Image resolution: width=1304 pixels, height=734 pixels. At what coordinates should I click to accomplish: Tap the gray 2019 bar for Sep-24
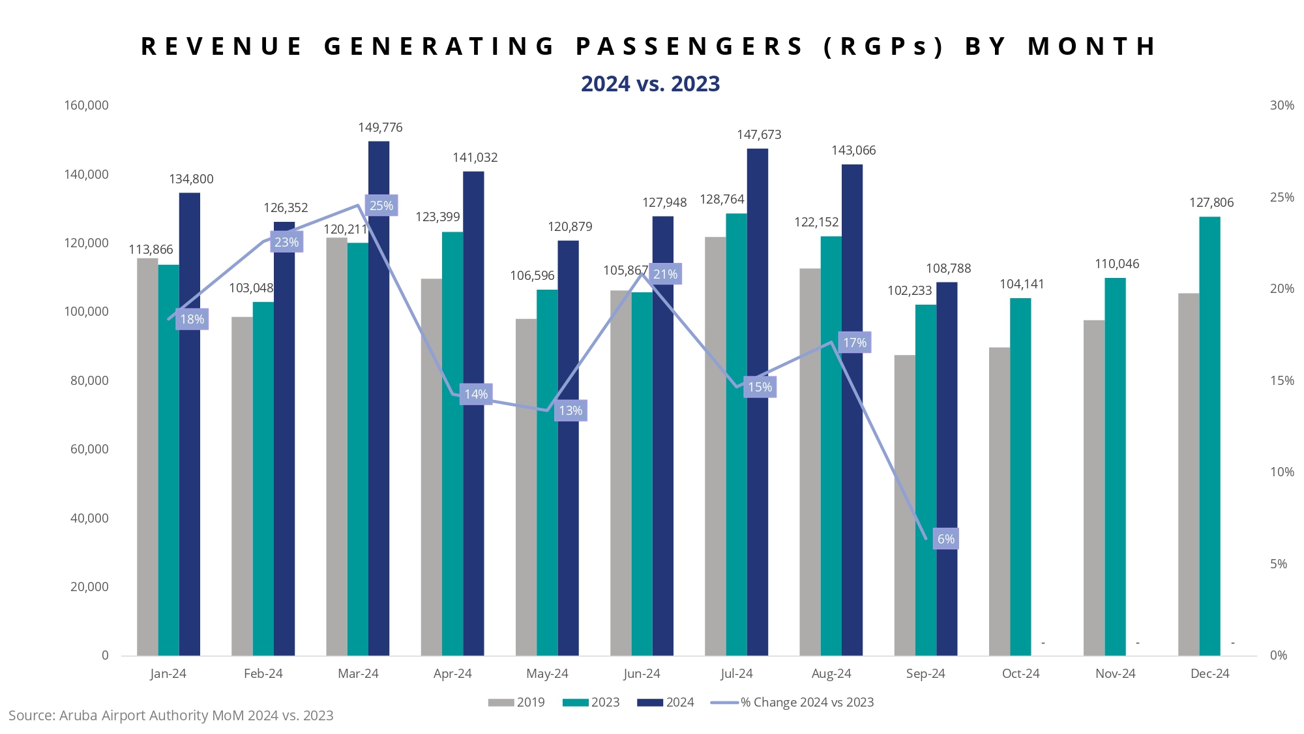(904, 505)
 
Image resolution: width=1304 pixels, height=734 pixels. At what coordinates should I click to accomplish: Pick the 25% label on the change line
(381, 206)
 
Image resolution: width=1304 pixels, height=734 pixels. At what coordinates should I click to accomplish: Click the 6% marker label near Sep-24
(945, 539)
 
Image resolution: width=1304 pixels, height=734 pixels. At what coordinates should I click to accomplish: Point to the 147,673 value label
(759, 135)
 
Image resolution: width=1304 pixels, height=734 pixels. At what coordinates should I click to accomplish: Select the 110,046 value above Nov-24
(1116, 264)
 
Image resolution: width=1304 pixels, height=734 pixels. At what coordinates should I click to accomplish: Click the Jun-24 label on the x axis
(642, 673)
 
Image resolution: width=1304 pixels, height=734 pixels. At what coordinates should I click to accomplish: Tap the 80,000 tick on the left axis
(89, 380)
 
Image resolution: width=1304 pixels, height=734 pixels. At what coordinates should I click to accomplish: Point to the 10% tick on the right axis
(1282, 472)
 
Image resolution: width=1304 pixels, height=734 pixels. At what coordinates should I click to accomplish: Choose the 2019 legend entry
(516, 702)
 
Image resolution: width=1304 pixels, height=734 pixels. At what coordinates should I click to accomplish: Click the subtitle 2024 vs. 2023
(650, 84)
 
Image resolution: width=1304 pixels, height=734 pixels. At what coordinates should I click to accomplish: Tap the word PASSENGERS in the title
(689, 47)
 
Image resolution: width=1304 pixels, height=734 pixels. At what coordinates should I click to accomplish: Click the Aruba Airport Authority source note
(171, 716)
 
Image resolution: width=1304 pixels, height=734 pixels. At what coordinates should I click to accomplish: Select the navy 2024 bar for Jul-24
(758, 402)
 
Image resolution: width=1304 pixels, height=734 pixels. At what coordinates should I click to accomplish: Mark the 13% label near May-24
(570, 410)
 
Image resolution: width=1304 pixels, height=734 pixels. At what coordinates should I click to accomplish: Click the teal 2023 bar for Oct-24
(1020, 476)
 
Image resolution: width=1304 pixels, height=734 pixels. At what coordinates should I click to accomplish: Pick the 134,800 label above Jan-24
(191, 179)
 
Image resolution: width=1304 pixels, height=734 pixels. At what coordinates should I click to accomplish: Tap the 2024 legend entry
(666, 702)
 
